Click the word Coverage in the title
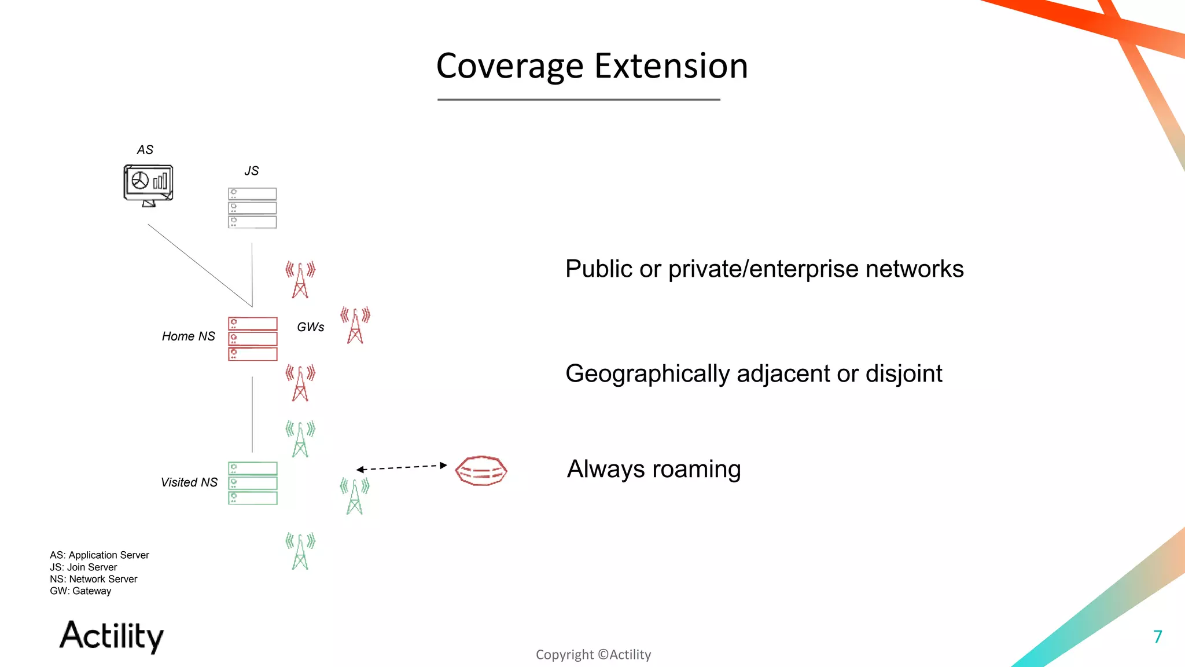[x=509, y=66]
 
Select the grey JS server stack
[x=252, y=208]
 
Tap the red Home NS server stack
[x=252, y=339]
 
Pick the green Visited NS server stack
[x=252, y=483]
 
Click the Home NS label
[x=188, y=336]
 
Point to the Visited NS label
[x=189, y=482]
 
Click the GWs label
[x=310, y=327]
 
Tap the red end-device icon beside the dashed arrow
[x=481, y=470]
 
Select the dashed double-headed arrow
[x=402, y=467]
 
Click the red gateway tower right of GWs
[x=355, y=325]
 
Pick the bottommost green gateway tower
[x=300, y=551]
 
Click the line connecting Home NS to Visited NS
[x=252, y=414]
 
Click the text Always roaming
[x=654, y=469]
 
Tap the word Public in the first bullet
[x=599, y=269]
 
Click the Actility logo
[x=112, y=636]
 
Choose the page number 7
[x=1157, y=637]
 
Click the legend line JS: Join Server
[x=83, y=567]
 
